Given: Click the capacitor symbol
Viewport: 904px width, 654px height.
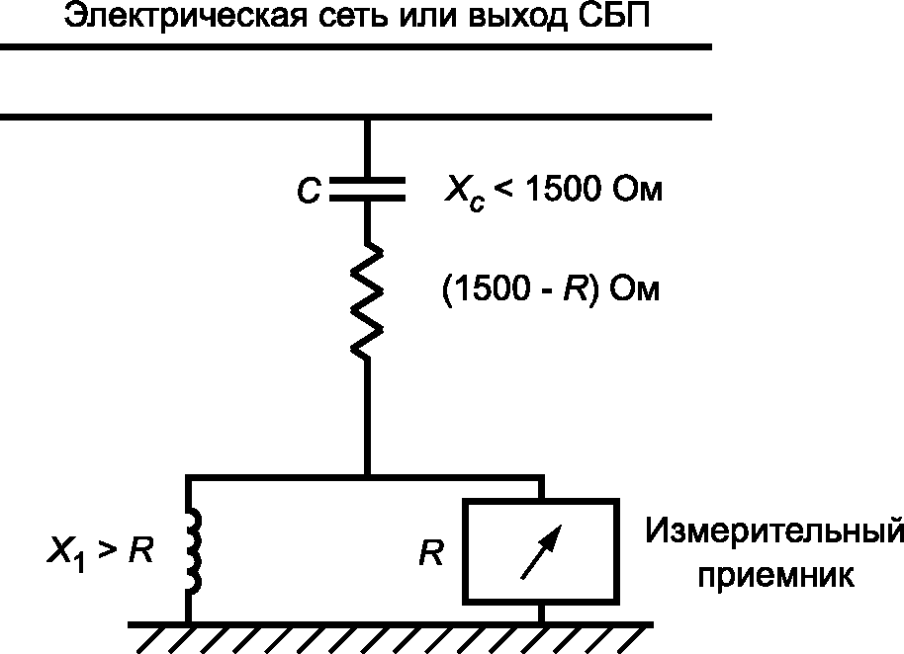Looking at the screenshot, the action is click(x=367, y=191).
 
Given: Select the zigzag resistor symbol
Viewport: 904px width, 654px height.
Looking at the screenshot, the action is click(x=367, y=300).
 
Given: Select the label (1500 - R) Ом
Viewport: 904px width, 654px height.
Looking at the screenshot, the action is click(x=550, y=290).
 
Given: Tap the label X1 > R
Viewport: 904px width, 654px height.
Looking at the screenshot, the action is click(x=100, y=551).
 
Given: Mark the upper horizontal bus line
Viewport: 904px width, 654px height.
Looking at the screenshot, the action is click(x=356, y=46).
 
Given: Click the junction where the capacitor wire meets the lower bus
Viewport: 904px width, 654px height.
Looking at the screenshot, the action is click(x=367, y=119).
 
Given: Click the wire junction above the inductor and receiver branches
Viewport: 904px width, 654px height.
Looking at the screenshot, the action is click(x=367, y=476).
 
